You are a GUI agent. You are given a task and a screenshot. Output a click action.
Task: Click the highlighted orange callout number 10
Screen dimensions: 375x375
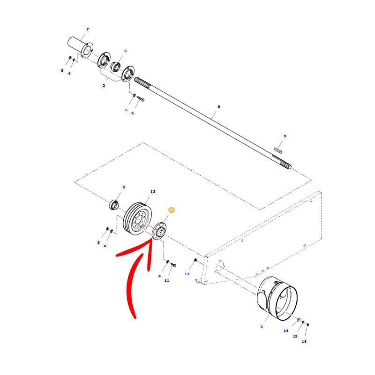pos(171,210)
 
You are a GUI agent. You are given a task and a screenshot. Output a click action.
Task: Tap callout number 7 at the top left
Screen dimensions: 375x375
pos(88,30)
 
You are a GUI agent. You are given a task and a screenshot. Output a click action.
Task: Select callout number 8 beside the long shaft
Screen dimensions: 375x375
pos(218,107)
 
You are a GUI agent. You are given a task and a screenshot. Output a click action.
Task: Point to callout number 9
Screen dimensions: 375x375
pos(285,136)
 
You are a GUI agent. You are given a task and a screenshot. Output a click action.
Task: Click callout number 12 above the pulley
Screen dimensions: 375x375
pos(153,192)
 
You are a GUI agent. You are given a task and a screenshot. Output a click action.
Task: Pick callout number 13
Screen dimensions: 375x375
pos(187,274)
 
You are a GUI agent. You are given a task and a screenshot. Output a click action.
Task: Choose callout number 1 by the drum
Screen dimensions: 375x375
pos(262,326)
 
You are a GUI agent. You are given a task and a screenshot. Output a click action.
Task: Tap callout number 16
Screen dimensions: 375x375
pos(304,342)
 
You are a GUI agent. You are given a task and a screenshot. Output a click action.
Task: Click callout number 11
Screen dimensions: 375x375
pos(167,280)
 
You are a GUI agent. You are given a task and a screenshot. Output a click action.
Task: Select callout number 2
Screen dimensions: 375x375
pos(104,86)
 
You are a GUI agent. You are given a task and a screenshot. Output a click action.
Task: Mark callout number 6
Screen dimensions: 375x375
pos(133,113)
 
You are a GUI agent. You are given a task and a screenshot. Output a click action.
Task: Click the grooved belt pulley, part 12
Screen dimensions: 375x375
pos(137,219)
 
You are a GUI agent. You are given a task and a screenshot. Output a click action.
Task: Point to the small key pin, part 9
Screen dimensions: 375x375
pos(278,150)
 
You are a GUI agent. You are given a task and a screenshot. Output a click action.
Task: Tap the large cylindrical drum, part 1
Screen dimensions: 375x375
pos(277,299)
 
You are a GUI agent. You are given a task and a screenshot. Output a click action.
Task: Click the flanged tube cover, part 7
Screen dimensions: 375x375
pos(80,47)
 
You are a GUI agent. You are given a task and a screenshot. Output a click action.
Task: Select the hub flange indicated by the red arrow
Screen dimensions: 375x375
pos(159,231)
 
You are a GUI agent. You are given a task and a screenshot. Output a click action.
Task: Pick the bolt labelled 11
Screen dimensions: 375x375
pos(173,265)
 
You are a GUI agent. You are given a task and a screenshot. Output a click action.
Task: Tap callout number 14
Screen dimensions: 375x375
pos(286,331)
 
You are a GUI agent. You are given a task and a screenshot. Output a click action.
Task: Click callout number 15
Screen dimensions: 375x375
pos(295,336)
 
